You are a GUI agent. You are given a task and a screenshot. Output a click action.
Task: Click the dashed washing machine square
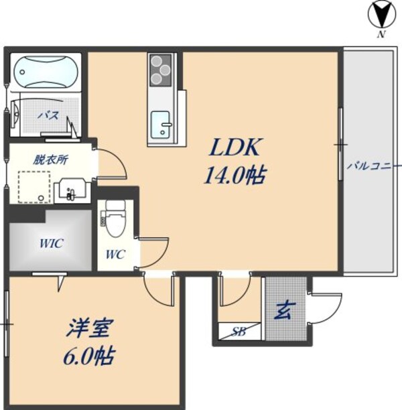pos(34,187)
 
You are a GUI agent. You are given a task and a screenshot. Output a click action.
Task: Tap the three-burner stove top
pos(161,69)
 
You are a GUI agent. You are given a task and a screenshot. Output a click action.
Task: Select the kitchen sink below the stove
pos(161,123)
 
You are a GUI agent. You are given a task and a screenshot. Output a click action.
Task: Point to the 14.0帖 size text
pos(234,176)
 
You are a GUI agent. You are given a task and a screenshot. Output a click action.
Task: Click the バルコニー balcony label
pos(373,165)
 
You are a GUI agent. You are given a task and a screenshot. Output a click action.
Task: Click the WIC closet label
pos(50,243)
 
